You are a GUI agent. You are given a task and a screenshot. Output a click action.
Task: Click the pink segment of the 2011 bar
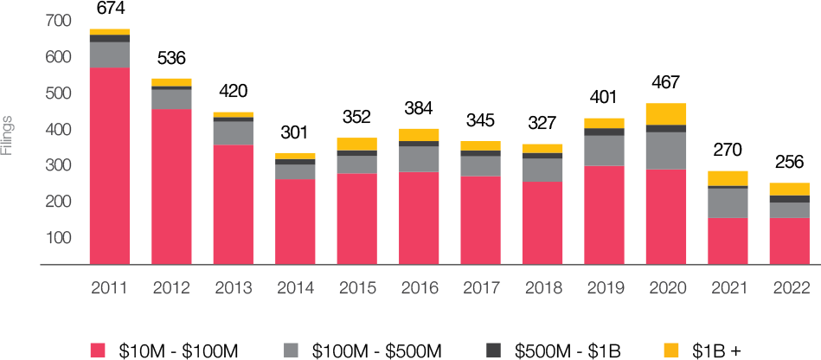[109, 165]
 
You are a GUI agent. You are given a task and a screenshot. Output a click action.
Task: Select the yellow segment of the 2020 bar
[666, 113]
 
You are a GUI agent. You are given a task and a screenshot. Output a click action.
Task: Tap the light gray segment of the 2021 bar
[728, 202]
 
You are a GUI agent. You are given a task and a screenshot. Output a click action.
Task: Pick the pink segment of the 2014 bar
[295, 222]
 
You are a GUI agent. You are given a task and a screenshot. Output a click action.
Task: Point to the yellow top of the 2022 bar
[789, 189]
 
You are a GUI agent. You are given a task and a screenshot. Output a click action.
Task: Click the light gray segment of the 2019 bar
[604, 151]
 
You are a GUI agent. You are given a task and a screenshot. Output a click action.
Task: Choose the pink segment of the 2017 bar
[480, 220]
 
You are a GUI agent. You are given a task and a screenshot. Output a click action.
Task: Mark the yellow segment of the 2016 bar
[419, 134]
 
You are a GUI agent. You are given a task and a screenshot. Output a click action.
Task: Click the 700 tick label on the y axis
[58, 20]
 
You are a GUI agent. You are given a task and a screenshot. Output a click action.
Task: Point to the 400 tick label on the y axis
[58, 129]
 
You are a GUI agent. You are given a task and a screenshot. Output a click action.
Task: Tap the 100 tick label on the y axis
[58, 238]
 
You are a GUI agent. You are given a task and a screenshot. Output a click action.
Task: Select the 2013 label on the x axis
[233, 288]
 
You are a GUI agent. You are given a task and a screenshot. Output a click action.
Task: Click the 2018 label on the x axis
[542, 288]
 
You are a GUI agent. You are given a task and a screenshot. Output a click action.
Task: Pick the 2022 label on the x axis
[789, 288]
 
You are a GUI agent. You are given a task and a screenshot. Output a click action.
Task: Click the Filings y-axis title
[7, 135]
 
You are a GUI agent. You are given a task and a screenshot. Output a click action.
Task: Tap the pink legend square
[98, 350]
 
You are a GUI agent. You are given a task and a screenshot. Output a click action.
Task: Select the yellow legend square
[671, 350]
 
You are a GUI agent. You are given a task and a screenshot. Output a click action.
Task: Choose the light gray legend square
[291, 350]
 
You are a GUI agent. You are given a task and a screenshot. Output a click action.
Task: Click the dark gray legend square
[493, 350]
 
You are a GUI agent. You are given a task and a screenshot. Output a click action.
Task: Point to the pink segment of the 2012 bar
[171, 186]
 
